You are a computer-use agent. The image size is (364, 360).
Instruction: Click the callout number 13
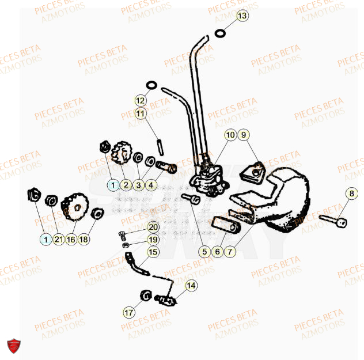[x=242, y=16]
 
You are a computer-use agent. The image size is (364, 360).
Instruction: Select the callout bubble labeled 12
[x=141, y=101]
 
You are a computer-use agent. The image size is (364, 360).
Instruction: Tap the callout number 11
[x=141, y=113]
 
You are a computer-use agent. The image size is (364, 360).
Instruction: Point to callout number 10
[x=230, y=135]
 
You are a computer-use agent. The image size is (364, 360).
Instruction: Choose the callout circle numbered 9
[x=244, y=135]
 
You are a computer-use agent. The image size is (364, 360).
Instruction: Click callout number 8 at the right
[x=351, y=194]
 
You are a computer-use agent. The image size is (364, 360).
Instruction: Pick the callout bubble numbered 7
[x=230, y=251]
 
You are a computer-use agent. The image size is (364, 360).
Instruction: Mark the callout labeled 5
[x=204, y=251]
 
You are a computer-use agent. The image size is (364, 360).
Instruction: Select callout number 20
[x=153, y=228]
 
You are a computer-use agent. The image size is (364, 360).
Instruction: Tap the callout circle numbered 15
[x=153, y=252]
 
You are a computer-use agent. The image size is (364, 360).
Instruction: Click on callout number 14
[x=191, y=285]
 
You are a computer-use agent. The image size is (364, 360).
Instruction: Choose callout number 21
[x=58, y=239]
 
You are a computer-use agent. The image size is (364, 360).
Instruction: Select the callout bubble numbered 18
[x=84, y=239]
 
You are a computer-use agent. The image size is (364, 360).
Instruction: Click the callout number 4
[x=150, y=185]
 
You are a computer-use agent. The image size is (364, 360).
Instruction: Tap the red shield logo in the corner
[x=13, y=346]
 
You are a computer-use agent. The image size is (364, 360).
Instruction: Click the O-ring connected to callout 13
[x=220, y=33]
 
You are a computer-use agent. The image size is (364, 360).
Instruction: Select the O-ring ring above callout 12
[x=150, y=86]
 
